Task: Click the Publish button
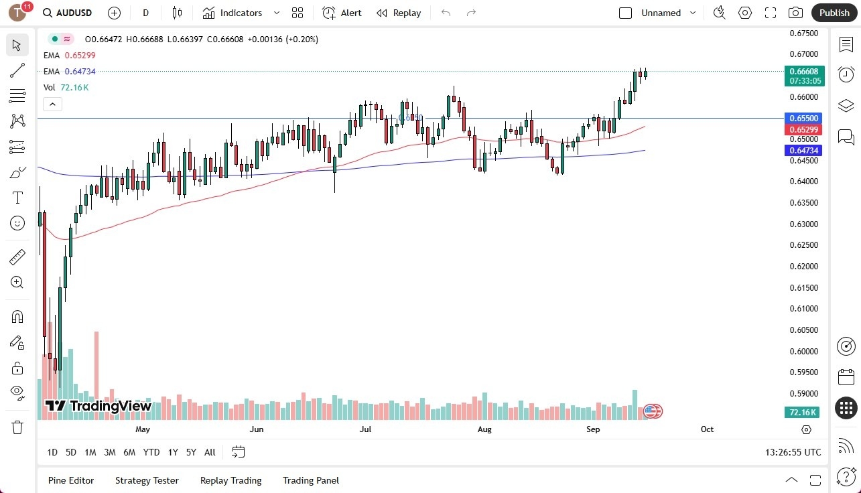834,13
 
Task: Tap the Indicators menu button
233,13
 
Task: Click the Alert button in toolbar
342,13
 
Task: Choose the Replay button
399,13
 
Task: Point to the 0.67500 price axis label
803,33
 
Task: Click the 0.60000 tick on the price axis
803,351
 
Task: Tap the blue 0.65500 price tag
803,118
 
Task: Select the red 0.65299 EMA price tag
803,129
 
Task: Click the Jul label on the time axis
365,429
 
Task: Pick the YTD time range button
151,452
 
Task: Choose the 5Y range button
191,452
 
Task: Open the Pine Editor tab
71,480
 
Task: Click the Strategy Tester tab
147,480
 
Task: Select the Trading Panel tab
311,480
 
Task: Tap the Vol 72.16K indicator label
66,87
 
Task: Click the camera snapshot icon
795,13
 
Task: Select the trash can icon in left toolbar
17,427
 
